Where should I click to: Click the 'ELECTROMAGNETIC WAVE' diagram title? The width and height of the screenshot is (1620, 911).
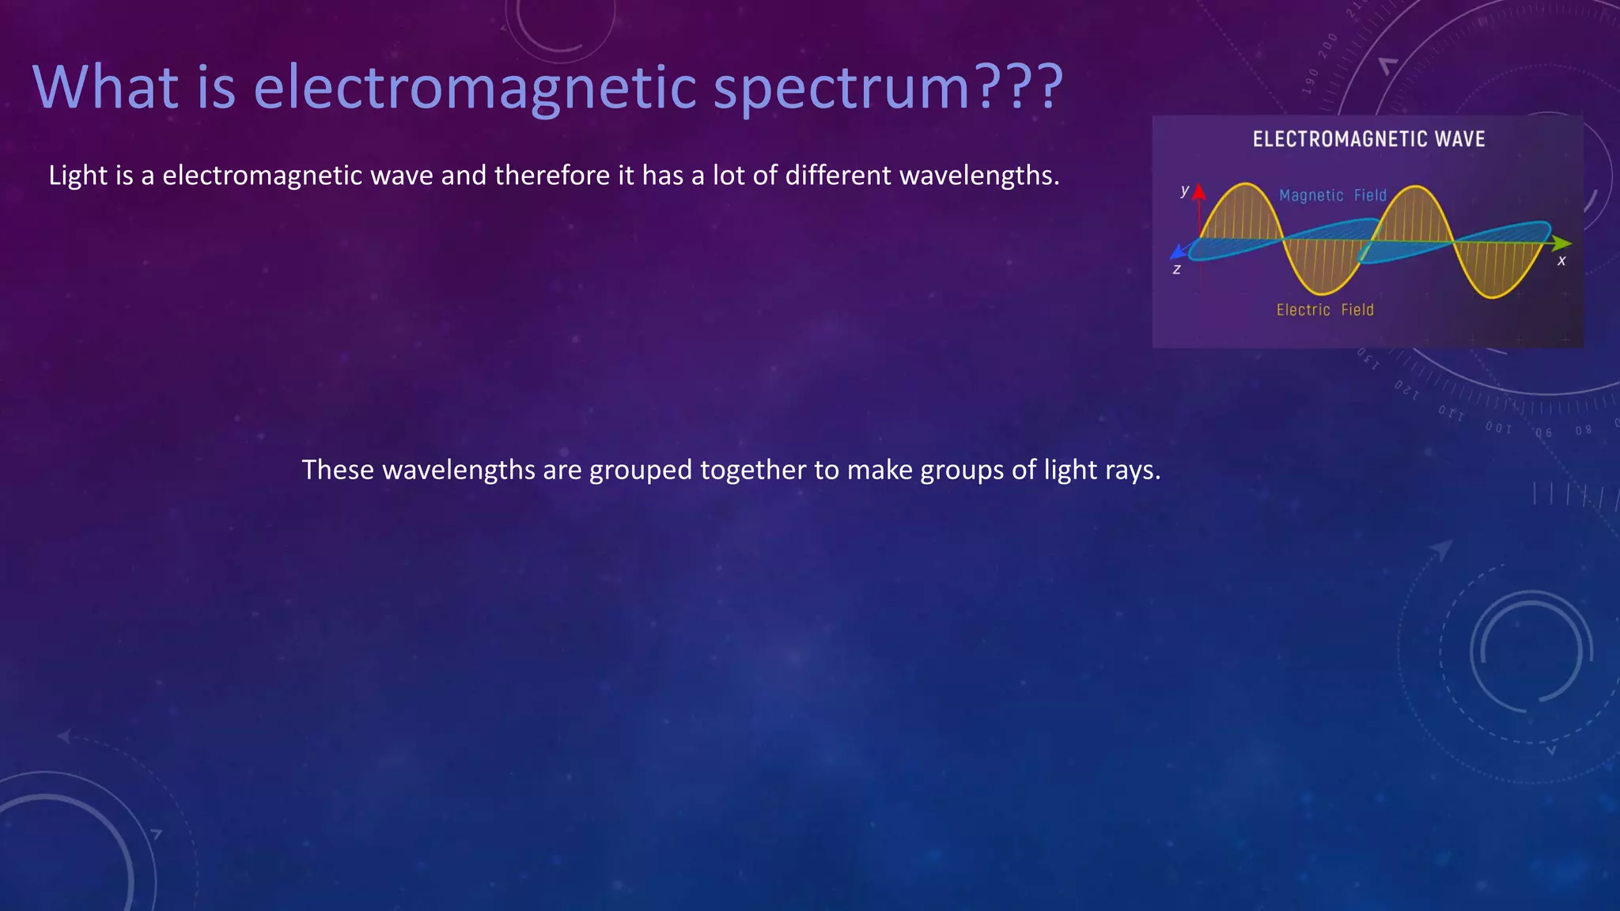(x=1368, y=139)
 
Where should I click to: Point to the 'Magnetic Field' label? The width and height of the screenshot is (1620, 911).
(x=1333, y=195)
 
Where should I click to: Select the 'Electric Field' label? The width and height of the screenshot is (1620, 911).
(x=1325, y=310)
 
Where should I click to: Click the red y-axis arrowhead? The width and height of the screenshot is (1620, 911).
(x=1199, y=191)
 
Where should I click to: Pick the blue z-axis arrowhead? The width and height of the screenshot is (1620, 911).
(x=1178, y=252)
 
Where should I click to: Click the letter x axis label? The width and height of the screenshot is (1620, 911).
(x=1561, y=261)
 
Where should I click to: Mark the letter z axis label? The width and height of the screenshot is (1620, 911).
(x=1176, y=270)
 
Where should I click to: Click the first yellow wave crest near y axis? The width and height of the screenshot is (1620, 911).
(x=1245, y=187)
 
